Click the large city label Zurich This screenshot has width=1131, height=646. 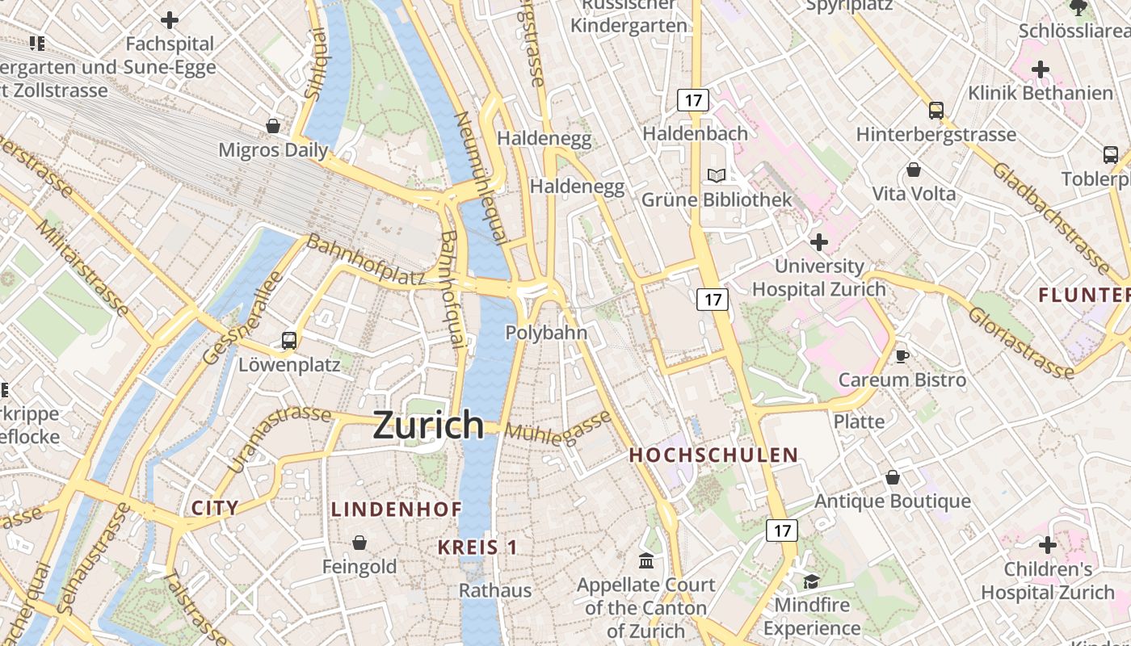click(428, 425)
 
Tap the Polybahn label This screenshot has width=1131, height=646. click(546, 333)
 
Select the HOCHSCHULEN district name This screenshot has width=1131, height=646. click(713, 455)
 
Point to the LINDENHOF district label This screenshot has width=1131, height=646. click(397, 510)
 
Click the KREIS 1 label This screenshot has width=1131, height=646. click(477, 547)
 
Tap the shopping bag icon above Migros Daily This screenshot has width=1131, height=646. click(273, 126)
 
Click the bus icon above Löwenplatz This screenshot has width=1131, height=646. click(289, 341)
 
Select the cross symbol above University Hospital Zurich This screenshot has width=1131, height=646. click(819, 241)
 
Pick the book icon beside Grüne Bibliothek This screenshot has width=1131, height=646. click(716, 175)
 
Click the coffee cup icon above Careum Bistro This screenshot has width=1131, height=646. click(902, 356)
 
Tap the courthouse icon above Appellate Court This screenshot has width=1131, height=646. click(646, 560)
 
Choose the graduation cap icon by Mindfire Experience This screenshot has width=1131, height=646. click(810, 581)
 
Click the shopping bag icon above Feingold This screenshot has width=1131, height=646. click(359, 543)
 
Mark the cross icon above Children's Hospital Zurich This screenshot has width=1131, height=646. click(1048, 545)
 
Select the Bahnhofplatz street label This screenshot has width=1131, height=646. click(366, 261)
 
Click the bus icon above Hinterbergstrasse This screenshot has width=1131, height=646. click(935, 111)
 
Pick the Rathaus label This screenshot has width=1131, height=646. click(495, 590)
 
